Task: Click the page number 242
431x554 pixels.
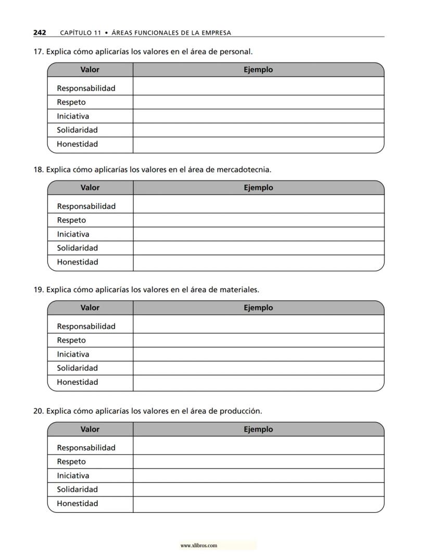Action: [40, 33]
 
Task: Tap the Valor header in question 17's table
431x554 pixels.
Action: [90, 70]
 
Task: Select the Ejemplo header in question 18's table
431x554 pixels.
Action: [258, 187]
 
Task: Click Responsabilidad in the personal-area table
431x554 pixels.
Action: [86, 89]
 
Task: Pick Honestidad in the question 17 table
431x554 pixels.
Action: [77, 144]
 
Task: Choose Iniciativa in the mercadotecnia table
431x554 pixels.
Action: [73, 234]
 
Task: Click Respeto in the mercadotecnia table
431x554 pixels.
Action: [71, 220]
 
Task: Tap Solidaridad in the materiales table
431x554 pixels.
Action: [77, 368]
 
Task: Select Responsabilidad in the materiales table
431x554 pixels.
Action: [86, 326]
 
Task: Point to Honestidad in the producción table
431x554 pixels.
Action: [77, 503]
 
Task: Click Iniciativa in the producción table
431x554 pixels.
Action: [73, 475]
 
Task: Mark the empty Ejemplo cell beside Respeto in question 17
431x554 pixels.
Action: [258, 102]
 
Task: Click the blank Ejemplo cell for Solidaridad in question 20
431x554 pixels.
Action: [258, 489]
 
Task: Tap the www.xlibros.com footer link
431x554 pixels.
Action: [198, 546]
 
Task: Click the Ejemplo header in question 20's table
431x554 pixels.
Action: [258, 430]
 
